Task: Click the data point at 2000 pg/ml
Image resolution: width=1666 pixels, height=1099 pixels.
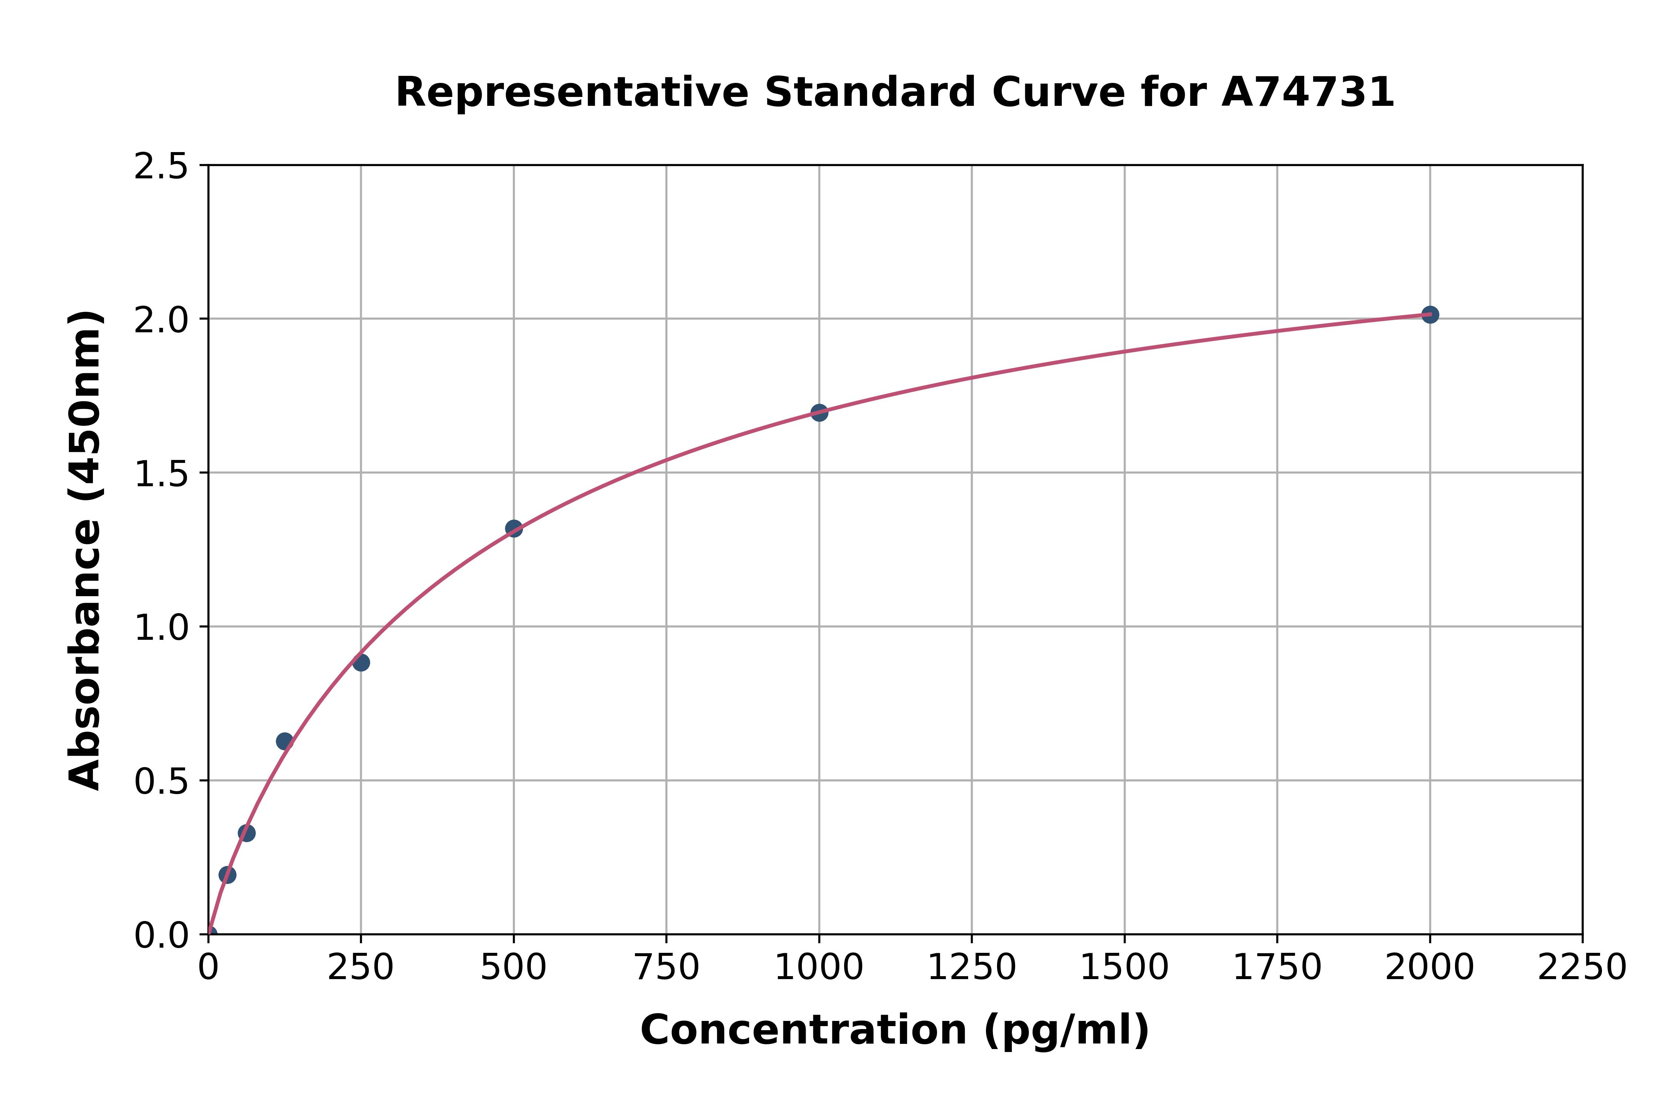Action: point(1430,315)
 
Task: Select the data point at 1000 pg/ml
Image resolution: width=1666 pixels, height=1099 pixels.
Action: point(819,413)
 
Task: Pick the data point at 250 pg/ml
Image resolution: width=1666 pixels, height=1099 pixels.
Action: point(361,662)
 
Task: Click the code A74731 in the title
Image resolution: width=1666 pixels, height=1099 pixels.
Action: point(1308,93)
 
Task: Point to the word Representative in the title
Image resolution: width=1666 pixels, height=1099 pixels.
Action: point(572,93)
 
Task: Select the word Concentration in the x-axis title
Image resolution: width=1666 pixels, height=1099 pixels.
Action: point(803,1030)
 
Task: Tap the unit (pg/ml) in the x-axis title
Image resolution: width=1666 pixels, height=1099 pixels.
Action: point(1067,1030)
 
